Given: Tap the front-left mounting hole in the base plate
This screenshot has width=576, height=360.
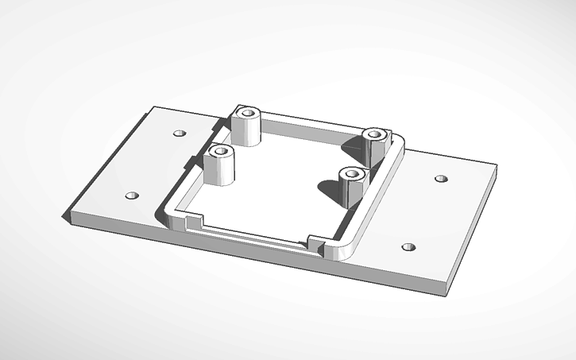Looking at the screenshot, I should [132, 195].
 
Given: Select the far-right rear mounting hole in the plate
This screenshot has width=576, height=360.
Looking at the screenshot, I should [441, 178].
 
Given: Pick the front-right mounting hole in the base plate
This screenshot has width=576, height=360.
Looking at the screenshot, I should [408, 247].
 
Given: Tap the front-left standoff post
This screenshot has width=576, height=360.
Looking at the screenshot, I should [220, 166].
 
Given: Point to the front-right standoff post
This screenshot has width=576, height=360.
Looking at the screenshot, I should [350, 188].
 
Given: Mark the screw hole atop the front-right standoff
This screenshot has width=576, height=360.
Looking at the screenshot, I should [350, 172].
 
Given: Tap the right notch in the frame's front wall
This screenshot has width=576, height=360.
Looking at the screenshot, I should [313, 240].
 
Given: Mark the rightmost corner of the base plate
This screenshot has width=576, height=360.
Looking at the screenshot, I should [496, 168].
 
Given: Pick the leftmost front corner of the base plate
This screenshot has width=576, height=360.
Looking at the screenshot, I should [69, 216].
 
